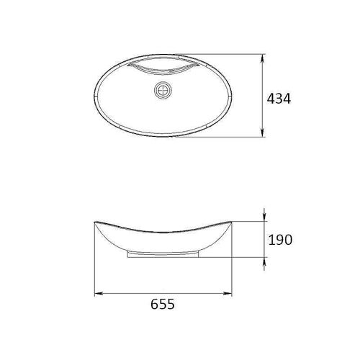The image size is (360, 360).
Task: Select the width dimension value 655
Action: tap(163, 305)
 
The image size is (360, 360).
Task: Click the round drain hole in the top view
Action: tap(165, 91)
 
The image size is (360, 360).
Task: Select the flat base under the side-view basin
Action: tap(165, 255)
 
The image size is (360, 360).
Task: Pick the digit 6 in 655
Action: tap(155, 305)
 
